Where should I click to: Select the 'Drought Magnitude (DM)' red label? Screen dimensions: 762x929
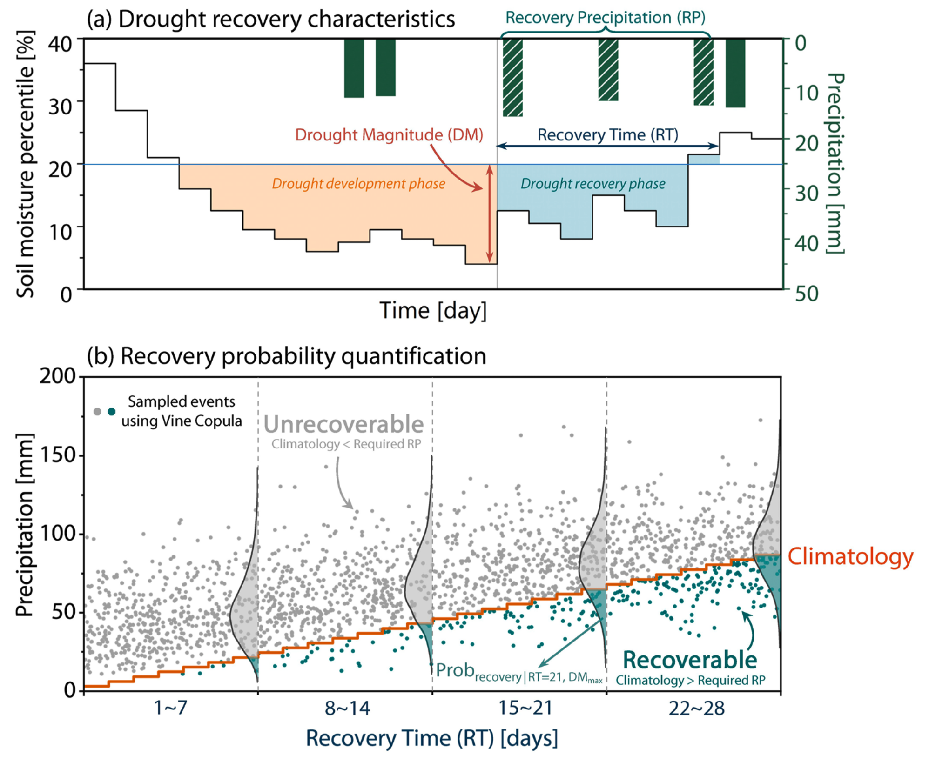point(389,135)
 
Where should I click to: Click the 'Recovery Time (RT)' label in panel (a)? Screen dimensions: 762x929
point(608,135)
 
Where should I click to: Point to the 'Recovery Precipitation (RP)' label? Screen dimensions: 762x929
point(605,18)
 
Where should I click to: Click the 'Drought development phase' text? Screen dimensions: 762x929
point(358,184)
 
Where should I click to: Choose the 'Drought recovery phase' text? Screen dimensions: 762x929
point(592,184)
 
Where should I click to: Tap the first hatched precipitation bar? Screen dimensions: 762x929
point(512,77)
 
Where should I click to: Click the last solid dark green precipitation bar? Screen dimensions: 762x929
point(735,73)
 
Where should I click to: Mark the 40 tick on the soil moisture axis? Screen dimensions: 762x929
point(60,44)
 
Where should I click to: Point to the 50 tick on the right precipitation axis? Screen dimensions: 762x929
point(807,294)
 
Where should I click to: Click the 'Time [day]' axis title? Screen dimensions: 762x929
point(433,310)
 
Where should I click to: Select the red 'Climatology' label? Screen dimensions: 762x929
point(850,556)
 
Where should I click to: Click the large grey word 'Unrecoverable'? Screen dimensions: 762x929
point(343,424)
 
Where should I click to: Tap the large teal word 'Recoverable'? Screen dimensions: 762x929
point(690,660)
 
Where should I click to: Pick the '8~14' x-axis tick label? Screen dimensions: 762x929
point(347,709)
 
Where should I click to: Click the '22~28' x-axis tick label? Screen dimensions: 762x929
point(696,709)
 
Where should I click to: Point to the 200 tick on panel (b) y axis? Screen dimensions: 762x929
point(57,375)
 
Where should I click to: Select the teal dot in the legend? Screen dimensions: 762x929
point(112,412)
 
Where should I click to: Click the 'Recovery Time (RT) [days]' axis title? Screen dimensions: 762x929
point(431,738)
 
